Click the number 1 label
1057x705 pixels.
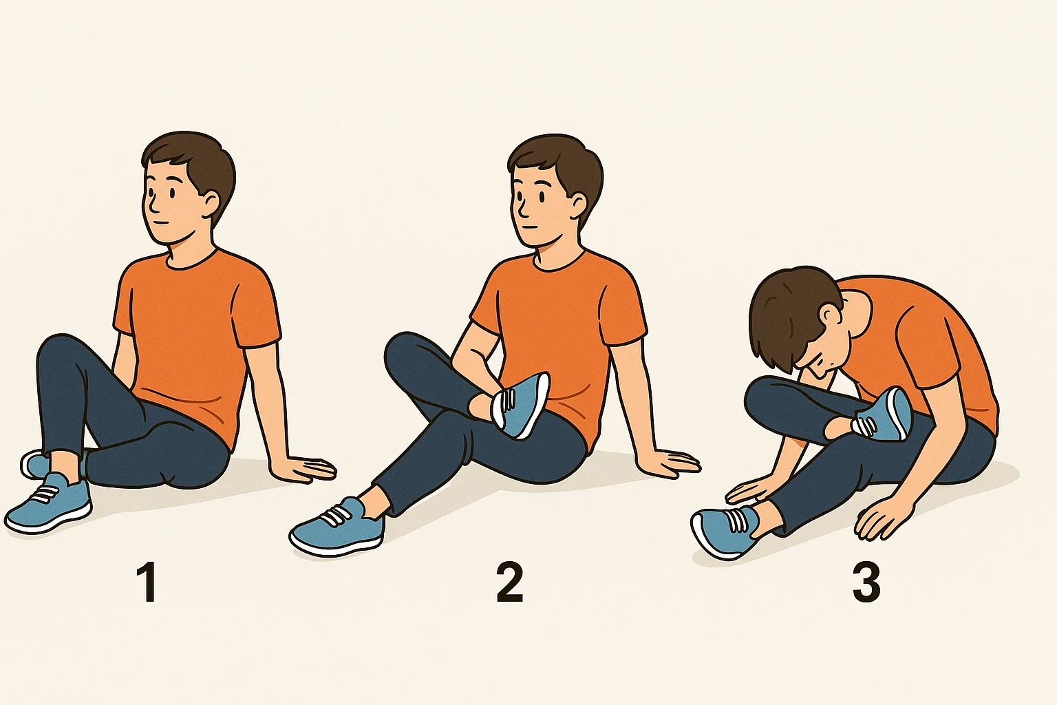pos(149,583)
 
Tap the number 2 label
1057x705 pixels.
pos(510,582)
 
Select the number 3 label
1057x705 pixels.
pos(866,583)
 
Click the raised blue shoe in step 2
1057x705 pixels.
pos(521,406)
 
